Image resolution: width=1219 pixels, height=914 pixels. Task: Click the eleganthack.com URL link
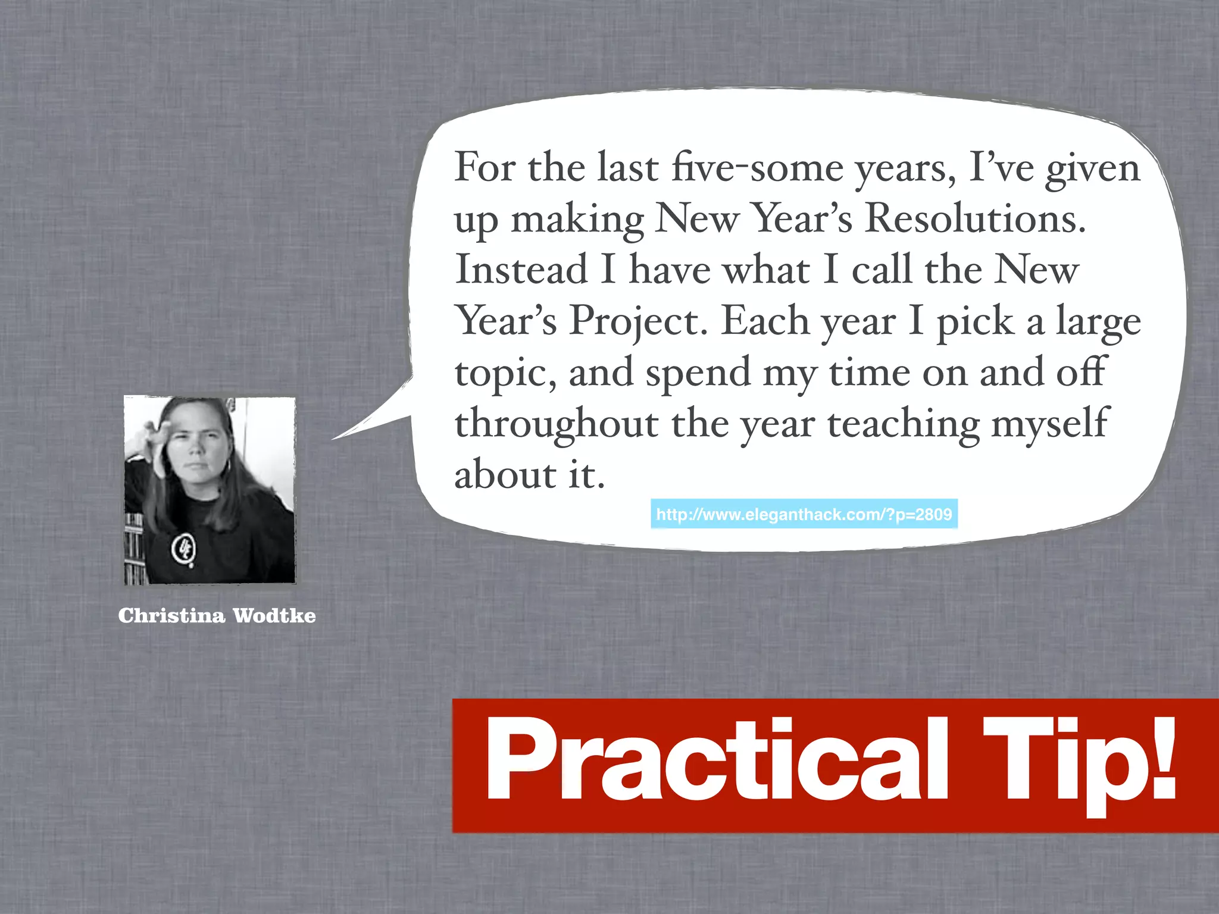click(x=804, y=514)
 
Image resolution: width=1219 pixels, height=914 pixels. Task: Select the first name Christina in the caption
click(x=171, y=615)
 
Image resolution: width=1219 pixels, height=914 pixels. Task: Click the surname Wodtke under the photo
click(x=274, y=615)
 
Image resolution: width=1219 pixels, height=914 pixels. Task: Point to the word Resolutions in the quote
click(x=975, y=219)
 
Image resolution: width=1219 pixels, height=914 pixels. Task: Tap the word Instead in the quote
click(x=521, y=270)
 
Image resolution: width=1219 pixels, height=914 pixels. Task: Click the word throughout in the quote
click(x=557, y=425)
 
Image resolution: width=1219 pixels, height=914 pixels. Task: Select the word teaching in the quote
click(x=904, y=425)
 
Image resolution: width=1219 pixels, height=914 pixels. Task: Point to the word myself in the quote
click(x=1050, y=425)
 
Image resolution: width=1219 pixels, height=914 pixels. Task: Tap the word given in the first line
click(x=1093, y=169)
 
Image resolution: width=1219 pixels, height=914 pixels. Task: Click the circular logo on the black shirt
click(x=185, y=549)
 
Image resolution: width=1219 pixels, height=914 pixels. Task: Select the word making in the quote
click(x=577, y=220)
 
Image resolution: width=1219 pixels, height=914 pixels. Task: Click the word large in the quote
click(x=1098, y=323)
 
